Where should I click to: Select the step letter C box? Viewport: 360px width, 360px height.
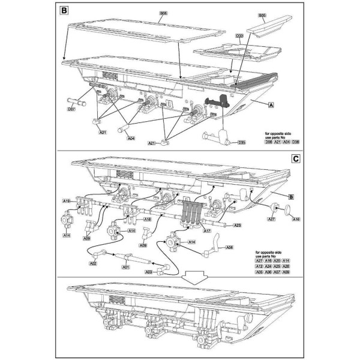click(295, 159)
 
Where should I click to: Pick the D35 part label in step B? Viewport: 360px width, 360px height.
click(242, 142)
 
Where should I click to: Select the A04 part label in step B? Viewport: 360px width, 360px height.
click(131, 138)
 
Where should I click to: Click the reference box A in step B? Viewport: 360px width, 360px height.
click(271, 104)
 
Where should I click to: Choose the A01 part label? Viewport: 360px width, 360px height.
click(125, 268)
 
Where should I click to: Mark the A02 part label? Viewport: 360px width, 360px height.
click(93, 263)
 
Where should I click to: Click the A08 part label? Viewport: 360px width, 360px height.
click(229, 247)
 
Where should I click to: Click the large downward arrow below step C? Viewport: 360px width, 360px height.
click(181, 278)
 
